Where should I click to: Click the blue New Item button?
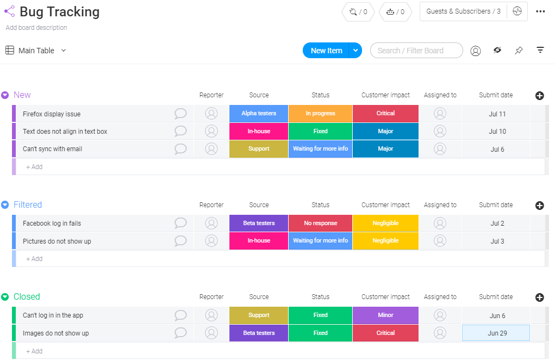pos(326,51)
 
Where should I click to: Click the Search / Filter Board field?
pos(416,51)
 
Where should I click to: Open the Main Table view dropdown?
pos(63,51)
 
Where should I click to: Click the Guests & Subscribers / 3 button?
pos(463,11)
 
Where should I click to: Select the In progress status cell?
pos(320,114)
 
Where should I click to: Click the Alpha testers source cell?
pos(259,114)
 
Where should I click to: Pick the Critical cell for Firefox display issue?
pos(385,114)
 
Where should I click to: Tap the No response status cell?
pos(320,224)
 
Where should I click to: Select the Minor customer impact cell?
pos(385,315)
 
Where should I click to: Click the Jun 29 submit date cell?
pos(496,333)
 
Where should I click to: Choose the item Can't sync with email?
pos(52,149)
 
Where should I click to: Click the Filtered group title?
pos(28,205)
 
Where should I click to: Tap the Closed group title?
pos(27,297)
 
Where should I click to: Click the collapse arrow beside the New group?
pos(5,95)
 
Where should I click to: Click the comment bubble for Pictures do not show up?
pos(180,241)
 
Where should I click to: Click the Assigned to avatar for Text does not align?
pos(440,131)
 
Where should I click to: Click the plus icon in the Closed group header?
pos(540,297)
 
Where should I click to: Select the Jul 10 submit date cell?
pos(497,132)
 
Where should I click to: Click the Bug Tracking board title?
pos(59,12)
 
